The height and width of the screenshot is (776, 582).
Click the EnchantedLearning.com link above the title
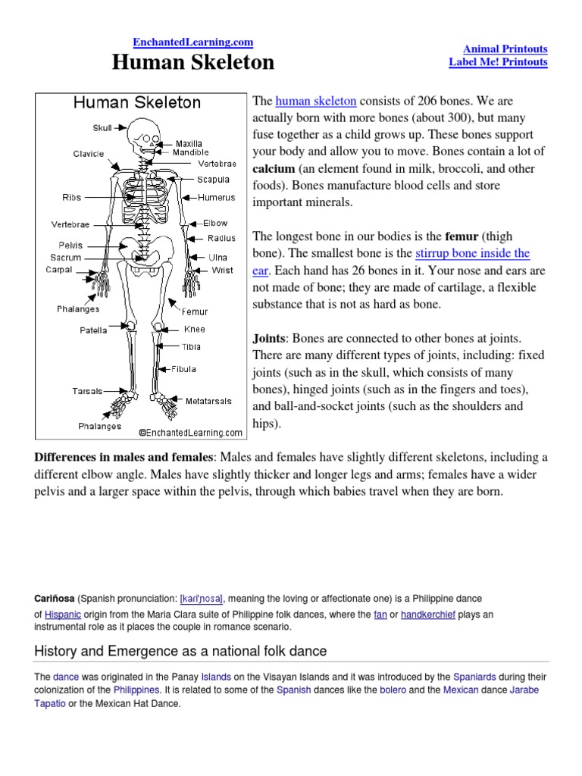coord(193,43)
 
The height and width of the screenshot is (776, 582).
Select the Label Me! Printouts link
coord(498,62)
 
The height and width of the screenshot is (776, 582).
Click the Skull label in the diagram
coord(102,129)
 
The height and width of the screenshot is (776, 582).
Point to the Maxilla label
coord(189,143)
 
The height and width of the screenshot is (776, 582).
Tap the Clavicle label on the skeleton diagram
coord(89,154)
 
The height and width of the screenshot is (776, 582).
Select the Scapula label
coord(213,180)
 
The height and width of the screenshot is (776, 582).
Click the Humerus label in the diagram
coord(217,198)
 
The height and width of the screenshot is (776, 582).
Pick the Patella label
coord(93,330)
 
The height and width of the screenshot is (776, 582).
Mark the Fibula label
coord(183,369)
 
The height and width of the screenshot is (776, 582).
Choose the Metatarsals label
coord(209,401)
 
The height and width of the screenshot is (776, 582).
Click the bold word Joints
coord(269,338)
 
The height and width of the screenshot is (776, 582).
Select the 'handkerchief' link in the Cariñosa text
coord(428,615)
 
